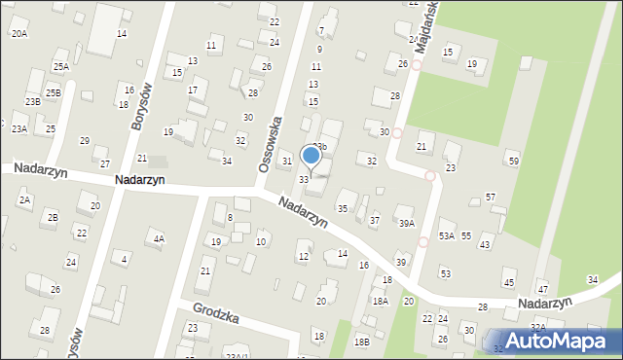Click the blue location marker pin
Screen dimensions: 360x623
(x=311, y=155)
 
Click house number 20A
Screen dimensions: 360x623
(x=19, y=33)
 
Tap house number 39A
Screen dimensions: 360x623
(x=406, y=223)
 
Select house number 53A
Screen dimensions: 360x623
(x=447, y=235)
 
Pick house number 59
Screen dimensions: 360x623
(x=513, y=161)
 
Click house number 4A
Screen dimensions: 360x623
(x=158, y=238)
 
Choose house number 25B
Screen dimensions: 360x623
(x=52, y=93)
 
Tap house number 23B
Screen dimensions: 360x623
(x=33, y=101)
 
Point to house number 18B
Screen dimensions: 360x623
(x=361, y=342)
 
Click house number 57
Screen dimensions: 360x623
(x=491, y=198)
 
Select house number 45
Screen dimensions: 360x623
(x=508, y=282)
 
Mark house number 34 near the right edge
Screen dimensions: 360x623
(x=593, y=280)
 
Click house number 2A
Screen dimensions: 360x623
(x=25, y=199)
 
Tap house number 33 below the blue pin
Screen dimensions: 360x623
(x=304, y=180)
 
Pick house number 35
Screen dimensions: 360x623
(x=342, y=209)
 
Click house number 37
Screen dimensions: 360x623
(x=375, y=220)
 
